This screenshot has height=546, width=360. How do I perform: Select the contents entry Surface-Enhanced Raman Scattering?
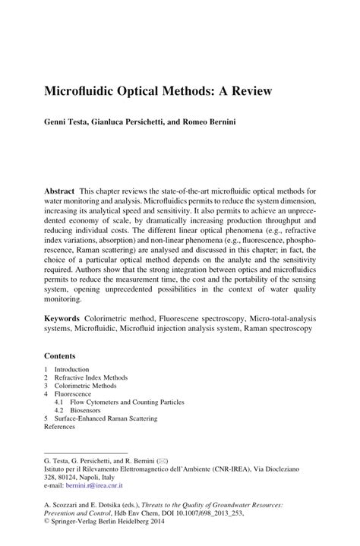point(106,418)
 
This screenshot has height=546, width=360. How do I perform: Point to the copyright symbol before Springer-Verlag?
point(47,522)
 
